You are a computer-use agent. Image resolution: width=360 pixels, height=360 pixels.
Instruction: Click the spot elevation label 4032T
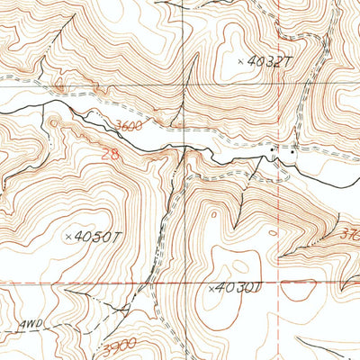tap(270, 61)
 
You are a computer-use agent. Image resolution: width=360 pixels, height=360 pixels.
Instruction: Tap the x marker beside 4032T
tap(240, 61)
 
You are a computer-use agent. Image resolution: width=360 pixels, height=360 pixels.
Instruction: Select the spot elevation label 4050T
tap(99, 237)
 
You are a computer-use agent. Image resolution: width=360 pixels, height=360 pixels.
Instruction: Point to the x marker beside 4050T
tap(69, 237)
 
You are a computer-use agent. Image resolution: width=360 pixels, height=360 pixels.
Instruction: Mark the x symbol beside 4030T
tap(211, 289)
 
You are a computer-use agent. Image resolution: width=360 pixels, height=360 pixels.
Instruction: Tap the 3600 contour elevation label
tap(129, 127)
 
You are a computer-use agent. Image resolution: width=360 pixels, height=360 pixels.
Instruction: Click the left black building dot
tap(274, 150)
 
